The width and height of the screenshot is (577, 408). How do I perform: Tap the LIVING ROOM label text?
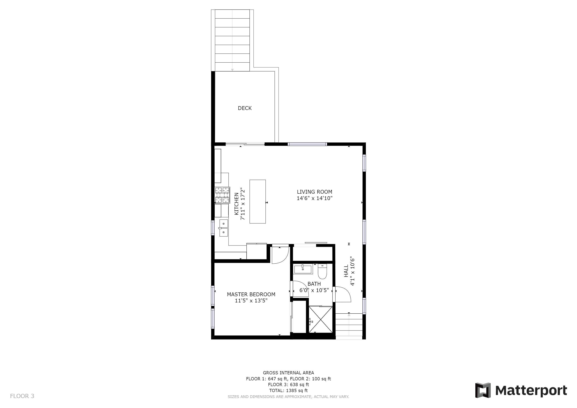pos(314,192)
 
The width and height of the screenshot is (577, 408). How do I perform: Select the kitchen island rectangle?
pos(258,201)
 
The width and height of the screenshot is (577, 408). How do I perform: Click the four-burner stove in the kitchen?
pos(222,195)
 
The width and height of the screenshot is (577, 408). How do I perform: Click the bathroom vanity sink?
pos(303,269)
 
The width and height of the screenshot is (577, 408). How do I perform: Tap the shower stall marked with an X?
pos(320,319)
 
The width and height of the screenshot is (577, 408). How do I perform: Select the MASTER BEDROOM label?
pos(251,294)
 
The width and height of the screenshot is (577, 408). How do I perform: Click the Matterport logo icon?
pos(483,390)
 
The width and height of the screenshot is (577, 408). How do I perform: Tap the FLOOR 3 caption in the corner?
pos(22,396)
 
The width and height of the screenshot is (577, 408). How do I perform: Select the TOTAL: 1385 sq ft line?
pos(288,390)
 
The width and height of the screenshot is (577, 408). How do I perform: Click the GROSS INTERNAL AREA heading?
pos(288,373)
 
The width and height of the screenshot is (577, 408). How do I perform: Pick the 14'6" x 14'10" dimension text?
pos(314,198)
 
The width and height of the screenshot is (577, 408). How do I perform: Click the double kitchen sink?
pos(223,228)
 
